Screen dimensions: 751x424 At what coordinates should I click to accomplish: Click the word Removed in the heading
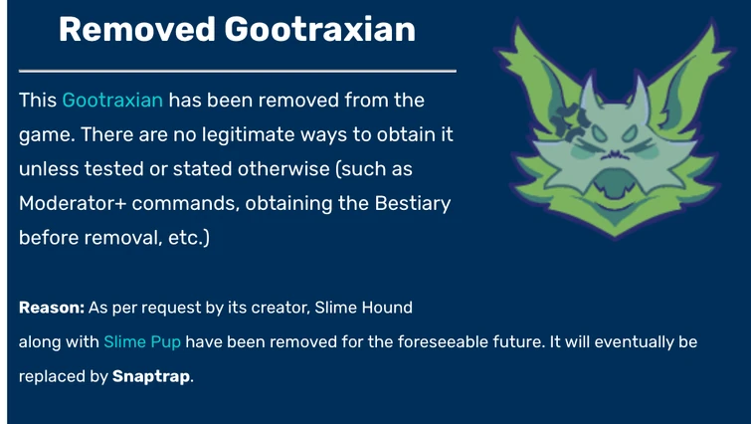[137, 29]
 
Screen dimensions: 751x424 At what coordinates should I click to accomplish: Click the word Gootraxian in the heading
[319, 29]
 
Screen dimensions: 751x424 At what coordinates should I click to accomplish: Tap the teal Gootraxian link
[112, 101]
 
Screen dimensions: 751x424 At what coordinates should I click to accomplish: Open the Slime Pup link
[142, 341]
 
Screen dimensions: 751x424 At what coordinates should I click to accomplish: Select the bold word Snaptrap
[151, 376]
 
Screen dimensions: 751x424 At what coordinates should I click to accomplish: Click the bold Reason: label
[52, 308]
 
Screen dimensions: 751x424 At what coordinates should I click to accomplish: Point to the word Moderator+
[73, 203]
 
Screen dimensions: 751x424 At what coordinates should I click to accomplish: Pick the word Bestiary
[413, 204]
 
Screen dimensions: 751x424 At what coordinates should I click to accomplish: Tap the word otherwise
[283, 168]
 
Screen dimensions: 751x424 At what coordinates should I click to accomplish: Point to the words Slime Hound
[363, 308]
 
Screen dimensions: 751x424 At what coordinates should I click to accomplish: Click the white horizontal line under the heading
[238, 71]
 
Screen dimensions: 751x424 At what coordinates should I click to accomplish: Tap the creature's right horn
[640, 90]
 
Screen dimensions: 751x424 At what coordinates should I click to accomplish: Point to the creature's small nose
[615, 154]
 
